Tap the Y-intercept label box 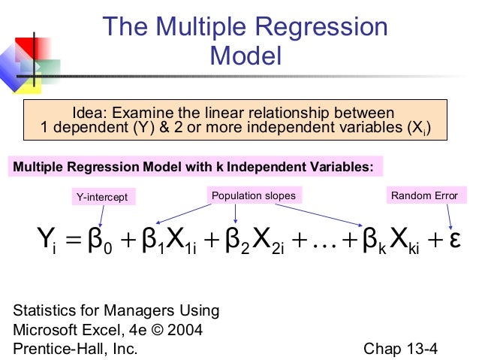coord(101,197)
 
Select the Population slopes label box coord(253,196)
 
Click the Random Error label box coord(423,196)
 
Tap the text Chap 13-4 coord(400,348)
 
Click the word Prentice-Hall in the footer coord(54,348)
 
